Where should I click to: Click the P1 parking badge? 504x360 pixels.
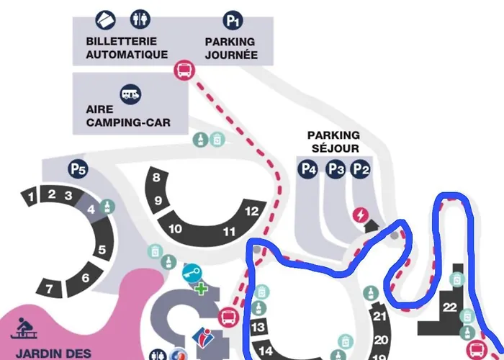coord(232,19)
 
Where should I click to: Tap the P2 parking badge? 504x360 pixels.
coord(361,169)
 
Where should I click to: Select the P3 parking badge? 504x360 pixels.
coord(335,169)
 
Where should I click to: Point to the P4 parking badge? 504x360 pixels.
coord(309,169)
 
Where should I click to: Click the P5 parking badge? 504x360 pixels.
coord(78,170)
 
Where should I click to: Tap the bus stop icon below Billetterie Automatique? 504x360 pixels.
coord(184,71)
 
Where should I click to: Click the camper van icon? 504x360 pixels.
coord(130,93)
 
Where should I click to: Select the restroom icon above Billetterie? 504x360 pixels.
coord(138,19)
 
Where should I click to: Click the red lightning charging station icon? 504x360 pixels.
coord(360,215)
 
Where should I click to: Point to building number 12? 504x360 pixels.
coord(251,212)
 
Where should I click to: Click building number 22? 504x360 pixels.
coord(450,307)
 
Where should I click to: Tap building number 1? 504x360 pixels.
coord(30,196)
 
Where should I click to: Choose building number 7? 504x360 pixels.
coord(50,289)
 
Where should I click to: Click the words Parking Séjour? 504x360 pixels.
coord(333,142)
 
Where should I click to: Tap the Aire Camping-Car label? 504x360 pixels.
coord(128,117)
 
